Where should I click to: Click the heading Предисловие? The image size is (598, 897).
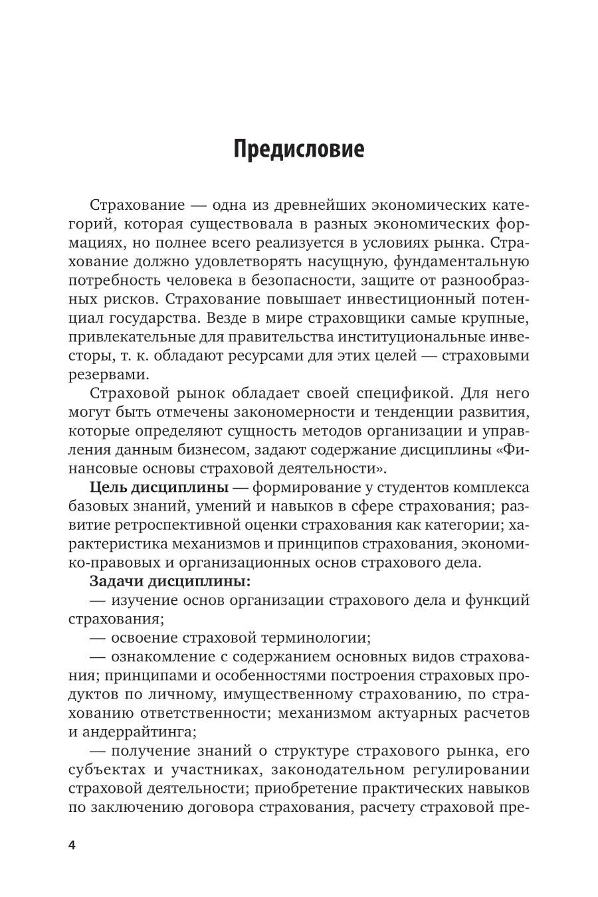(299, 149)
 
